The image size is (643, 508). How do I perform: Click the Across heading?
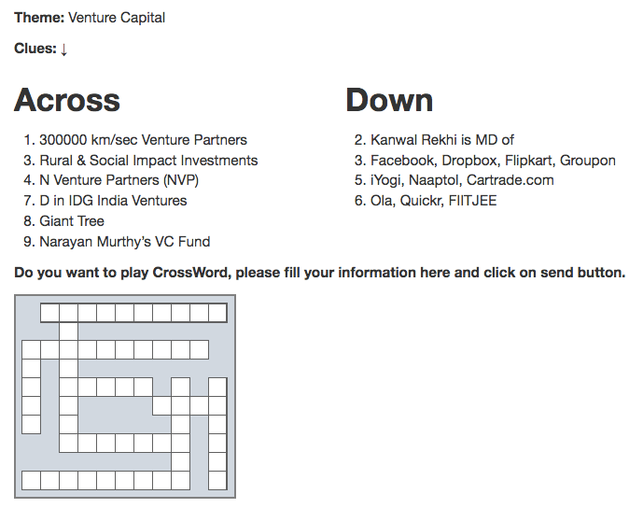click(67, 100)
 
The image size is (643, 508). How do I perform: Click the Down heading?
click(389, 100)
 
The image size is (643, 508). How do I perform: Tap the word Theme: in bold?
click(39, 18)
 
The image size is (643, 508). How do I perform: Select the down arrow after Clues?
click(63, 49)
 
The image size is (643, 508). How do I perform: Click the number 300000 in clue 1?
click(63, 140)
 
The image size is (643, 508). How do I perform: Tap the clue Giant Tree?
click(72, 221)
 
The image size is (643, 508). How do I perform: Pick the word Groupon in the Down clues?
click(588, 161)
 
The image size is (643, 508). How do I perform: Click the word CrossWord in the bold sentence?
click(190, 273)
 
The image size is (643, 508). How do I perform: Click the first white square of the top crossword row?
click(49, 313)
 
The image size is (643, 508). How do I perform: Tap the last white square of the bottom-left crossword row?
click(181, 481)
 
